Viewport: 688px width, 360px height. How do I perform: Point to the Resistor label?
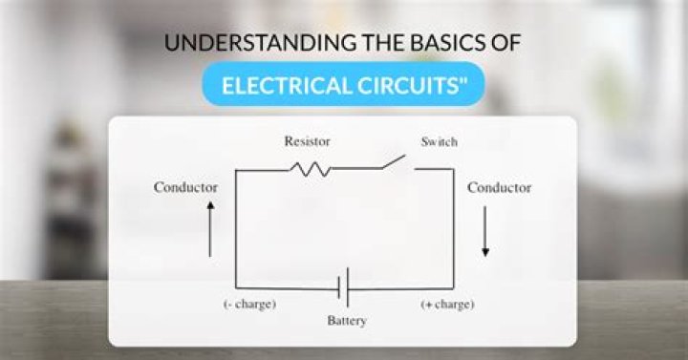pyautogui.click(x=307, y=141)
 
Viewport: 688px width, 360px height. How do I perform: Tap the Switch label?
pyautogui.click(x=440, y=141)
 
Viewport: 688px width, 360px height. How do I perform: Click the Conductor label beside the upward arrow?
pyautogui.click(x=185, y=187)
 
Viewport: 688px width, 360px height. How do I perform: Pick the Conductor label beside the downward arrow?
pyautogui.click(x=499, y=187)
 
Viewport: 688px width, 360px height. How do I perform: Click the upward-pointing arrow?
pyautogui.click(x=210, y=233)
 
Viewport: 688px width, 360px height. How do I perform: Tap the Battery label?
pyautogui.click(x=346, y=321)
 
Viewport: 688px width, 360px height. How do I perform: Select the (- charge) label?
pyautogui.click(x=250, y=305)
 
